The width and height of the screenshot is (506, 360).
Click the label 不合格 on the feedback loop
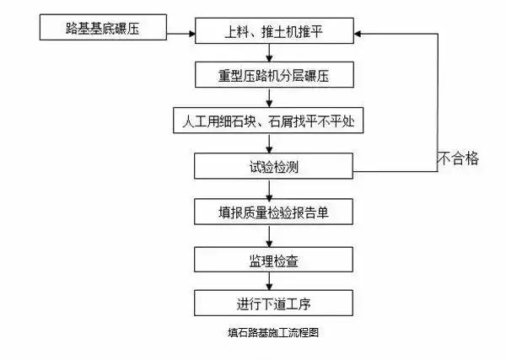point(458,158)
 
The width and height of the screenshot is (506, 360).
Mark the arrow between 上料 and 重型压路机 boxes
point(269,55)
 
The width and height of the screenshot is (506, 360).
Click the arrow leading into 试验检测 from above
point(269,143)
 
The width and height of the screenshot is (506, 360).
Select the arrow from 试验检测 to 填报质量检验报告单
point(269,189)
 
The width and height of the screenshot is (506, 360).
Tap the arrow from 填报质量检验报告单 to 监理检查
point(269,236)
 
